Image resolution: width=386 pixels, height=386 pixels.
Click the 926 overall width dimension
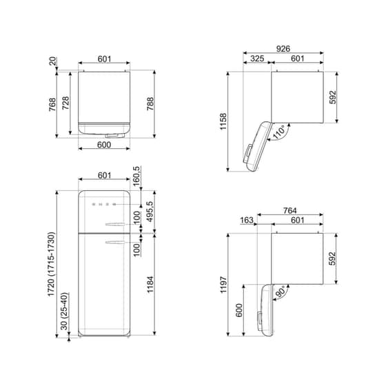pyautogui.click(x=283, y=50)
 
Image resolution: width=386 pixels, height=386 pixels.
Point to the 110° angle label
pyautogui.click(x=280, y=132)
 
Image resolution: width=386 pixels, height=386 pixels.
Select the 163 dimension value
pyautogui.click(x=247, y=221)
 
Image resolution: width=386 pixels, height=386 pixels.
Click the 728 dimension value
pyautogui.click(x=65, y=103)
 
